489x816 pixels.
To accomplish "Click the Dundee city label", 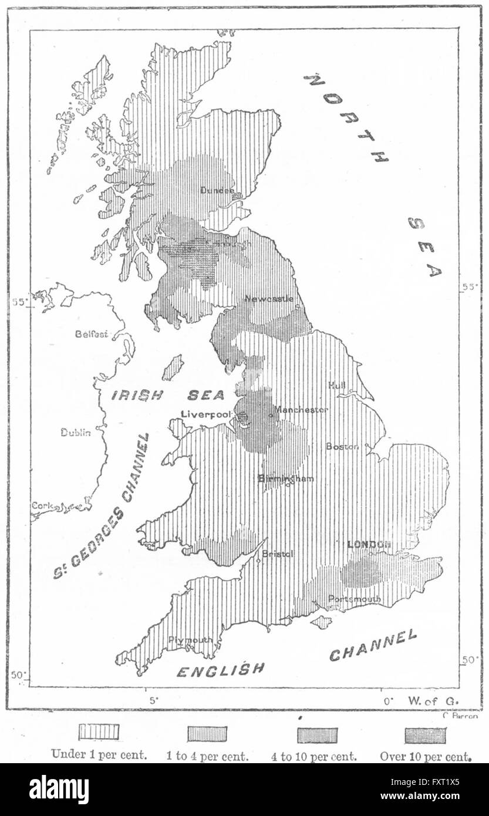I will (x=217, y=190).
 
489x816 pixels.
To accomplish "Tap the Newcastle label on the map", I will (x=269, y=299).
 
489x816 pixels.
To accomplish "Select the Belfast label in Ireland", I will (x=92, y=334).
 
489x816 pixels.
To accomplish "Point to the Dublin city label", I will (x=76, y=433).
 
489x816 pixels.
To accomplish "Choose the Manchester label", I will (x=301, y=410).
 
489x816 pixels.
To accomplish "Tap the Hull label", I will (x=337, y=385).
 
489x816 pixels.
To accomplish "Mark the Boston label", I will (x=342, y=447).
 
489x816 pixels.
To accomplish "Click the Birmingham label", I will (x=286, y=478).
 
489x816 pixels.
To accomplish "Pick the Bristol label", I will (x=277, y=554).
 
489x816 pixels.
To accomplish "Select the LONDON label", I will (x=369, y=545).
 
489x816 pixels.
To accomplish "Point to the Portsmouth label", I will (x=355, y=599).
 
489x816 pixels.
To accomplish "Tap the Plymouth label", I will (x=190, y=640).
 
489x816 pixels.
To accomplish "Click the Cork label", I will (x=42, y=505).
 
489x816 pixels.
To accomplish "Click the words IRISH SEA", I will (x=168, y=395).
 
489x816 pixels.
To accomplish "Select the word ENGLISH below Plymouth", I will (x=221, y=670).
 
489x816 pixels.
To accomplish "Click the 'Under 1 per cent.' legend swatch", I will (x=99, y=731).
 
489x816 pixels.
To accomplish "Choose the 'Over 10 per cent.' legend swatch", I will (x=425, y=735).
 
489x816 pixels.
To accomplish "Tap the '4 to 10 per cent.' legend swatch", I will (x=317, y=735).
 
